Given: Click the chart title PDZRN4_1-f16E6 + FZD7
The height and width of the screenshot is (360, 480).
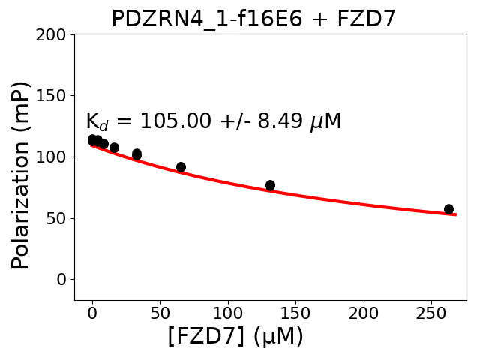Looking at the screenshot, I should coord(253,18).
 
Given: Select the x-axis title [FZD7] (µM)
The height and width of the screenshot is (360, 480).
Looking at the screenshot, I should coord(235,337).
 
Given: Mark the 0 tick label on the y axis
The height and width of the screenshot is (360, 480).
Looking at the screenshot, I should coord(61,279).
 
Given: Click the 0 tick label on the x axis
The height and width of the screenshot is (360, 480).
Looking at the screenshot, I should coord(92,311).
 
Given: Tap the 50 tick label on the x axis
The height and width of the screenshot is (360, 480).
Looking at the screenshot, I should coord(160,311).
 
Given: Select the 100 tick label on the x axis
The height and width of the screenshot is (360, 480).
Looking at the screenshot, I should coord(227,311).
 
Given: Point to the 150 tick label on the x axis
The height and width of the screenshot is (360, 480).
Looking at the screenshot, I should coord(295,311).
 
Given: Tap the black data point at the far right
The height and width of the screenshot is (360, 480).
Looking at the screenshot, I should coord(448,209).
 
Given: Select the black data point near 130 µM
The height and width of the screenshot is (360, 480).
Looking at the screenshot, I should coord(270,185).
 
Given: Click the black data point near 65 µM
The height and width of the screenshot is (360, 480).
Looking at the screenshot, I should coord(181,167).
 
